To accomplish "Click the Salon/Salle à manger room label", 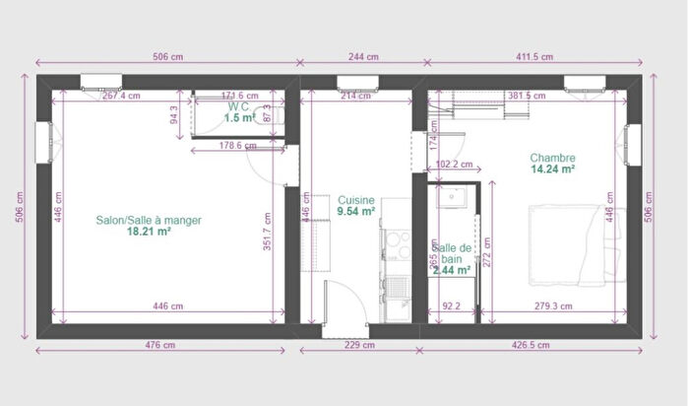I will (x=149, y=221).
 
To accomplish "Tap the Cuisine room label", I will (x=355, y=199).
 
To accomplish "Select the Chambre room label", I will (x=552, y=158).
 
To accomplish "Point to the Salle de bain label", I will (x=453, y=252).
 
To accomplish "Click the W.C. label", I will (x=238, y=105).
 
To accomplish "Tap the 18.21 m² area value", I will (x=150, y=233).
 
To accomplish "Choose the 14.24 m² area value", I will (x=552, y=169).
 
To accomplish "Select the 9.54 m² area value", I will (x=355, y=211).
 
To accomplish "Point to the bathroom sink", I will (x=456, y=196).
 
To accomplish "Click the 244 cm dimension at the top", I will (x=361, y=57).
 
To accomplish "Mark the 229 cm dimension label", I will (x=360, y=345).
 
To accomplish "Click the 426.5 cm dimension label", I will (x=532, y=345).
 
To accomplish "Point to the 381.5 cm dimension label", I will (x=527, y=96).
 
